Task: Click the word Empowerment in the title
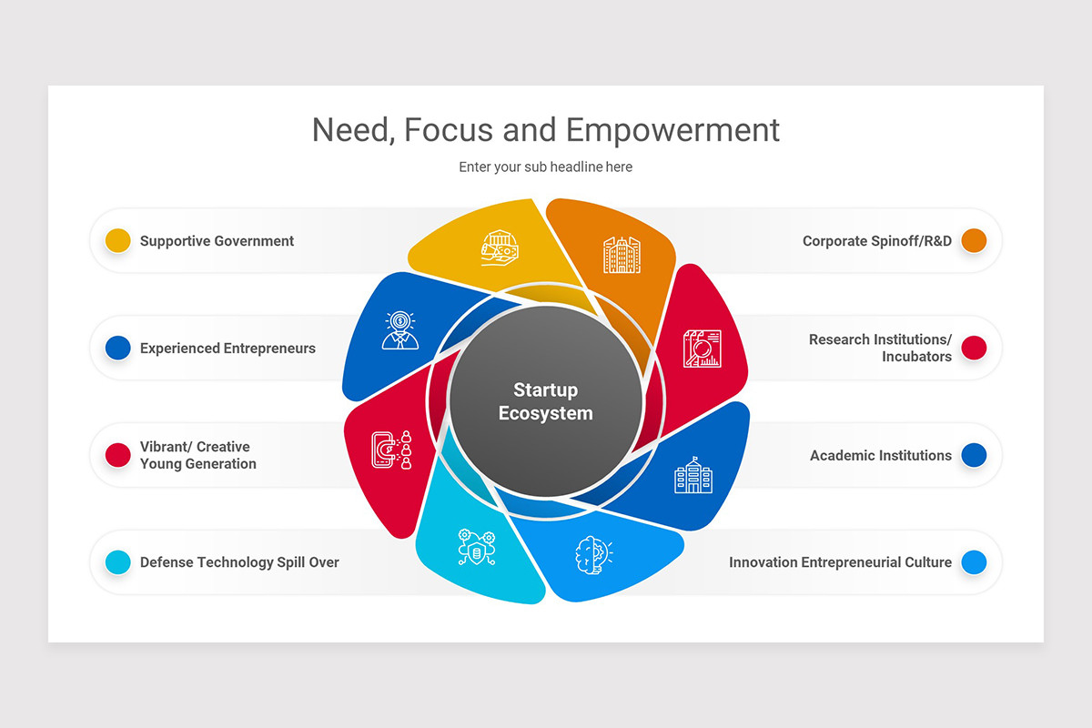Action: tap(672, 132)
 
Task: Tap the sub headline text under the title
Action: tap(545, 167)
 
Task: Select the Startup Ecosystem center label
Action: tap(545, 401)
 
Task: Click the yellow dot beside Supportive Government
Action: tap(118, 240)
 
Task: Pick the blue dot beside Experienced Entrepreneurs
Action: tap(118, 348)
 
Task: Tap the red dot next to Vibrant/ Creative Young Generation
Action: tap(118, 455)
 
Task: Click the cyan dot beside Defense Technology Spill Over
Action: tap(118, 562)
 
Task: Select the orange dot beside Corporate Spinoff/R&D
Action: tap(974, 240)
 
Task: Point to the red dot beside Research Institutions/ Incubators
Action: tap(974, 348)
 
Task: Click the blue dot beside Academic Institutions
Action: tap(974, 455)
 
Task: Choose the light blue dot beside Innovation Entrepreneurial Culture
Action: tap(974, 562)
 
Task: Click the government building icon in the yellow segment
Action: tap(500, 248)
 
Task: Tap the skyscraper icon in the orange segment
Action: tap(622, 255)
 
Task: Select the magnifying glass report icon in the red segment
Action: tap(702, 349)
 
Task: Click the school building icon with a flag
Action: tap(693, 475)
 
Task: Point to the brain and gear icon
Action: tap(593, 555)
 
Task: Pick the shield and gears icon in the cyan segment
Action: tap(477, 547)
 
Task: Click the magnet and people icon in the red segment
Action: tap(391, 450)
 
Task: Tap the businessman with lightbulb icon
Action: tap(399, 330)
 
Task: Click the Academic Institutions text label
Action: tap(881, 455)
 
